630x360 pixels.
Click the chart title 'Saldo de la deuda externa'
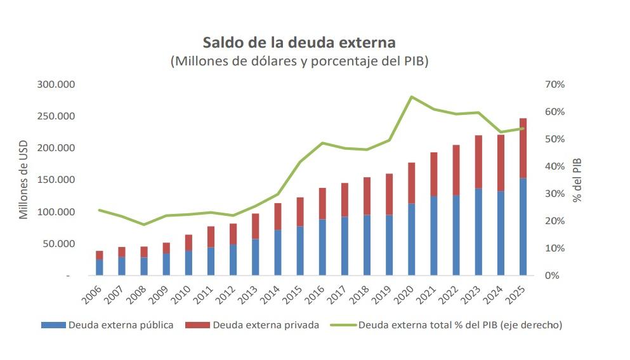pyautogui.click(x=299, y=43)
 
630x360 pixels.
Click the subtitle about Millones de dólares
pyautogui.click(x=299, y=62)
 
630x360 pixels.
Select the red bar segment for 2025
pyautogui.click(x=523, y=148)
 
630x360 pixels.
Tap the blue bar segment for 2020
pyautogui.click(x=411, y=239)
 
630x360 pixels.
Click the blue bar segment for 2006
pyautogui.click(x=99, y=267)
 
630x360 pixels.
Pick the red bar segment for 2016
pyautogui.click(x=322, y=203)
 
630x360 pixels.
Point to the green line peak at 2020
pyautogui.click(x=411, y=97)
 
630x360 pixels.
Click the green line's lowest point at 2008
pyautogui.click(x=143, y=225)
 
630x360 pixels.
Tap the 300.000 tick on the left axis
pyautogui.click(x=56, y=84)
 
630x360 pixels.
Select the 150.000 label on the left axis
pyautogui.click(x=56, y=180)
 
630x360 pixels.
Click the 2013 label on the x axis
pyautogui.click(x=249, y=293)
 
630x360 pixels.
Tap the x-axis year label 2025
pyautogui.click(x=517, y=293)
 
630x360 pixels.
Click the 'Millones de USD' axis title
pyautogui.click(x=23, y=180)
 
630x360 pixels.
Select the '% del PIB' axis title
pyautogui.click(x=577, y=180)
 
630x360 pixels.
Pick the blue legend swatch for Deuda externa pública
pyautogui.click(x=53, y=325)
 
